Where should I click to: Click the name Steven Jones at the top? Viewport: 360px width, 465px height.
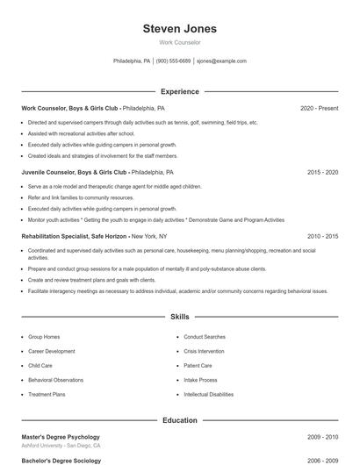click(x=179, y=29)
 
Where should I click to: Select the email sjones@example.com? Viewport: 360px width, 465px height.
click(x=221, y=61)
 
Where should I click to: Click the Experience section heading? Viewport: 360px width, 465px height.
click(x=179, y=91)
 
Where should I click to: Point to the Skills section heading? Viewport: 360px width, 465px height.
click(x=179, y=316)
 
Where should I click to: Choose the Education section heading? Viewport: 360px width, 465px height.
click(x=179, y=420)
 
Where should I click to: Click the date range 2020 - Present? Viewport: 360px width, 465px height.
click(x=319, y=108)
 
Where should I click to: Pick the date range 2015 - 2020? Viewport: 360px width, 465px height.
click(x=322, y=173)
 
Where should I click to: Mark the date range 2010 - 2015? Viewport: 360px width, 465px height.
click(x=322, y=237)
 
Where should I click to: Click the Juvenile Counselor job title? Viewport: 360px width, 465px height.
click(x=75, y=173)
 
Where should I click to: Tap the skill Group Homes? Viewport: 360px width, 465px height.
click(x=44, y=337)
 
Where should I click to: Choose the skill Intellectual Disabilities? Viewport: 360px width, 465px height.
click(x=209, y=395)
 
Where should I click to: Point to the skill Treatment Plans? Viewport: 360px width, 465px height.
click(x=47, y=395)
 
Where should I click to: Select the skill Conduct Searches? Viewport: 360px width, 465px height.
click(x=205, y=337)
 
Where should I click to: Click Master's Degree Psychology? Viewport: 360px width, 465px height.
click(x=61, y=437)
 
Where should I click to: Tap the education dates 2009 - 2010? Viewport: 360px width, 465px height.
click(x=322, y=437)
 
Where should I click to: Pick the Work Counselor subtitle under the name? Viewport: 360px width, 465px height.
click(x=179, y=42)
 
